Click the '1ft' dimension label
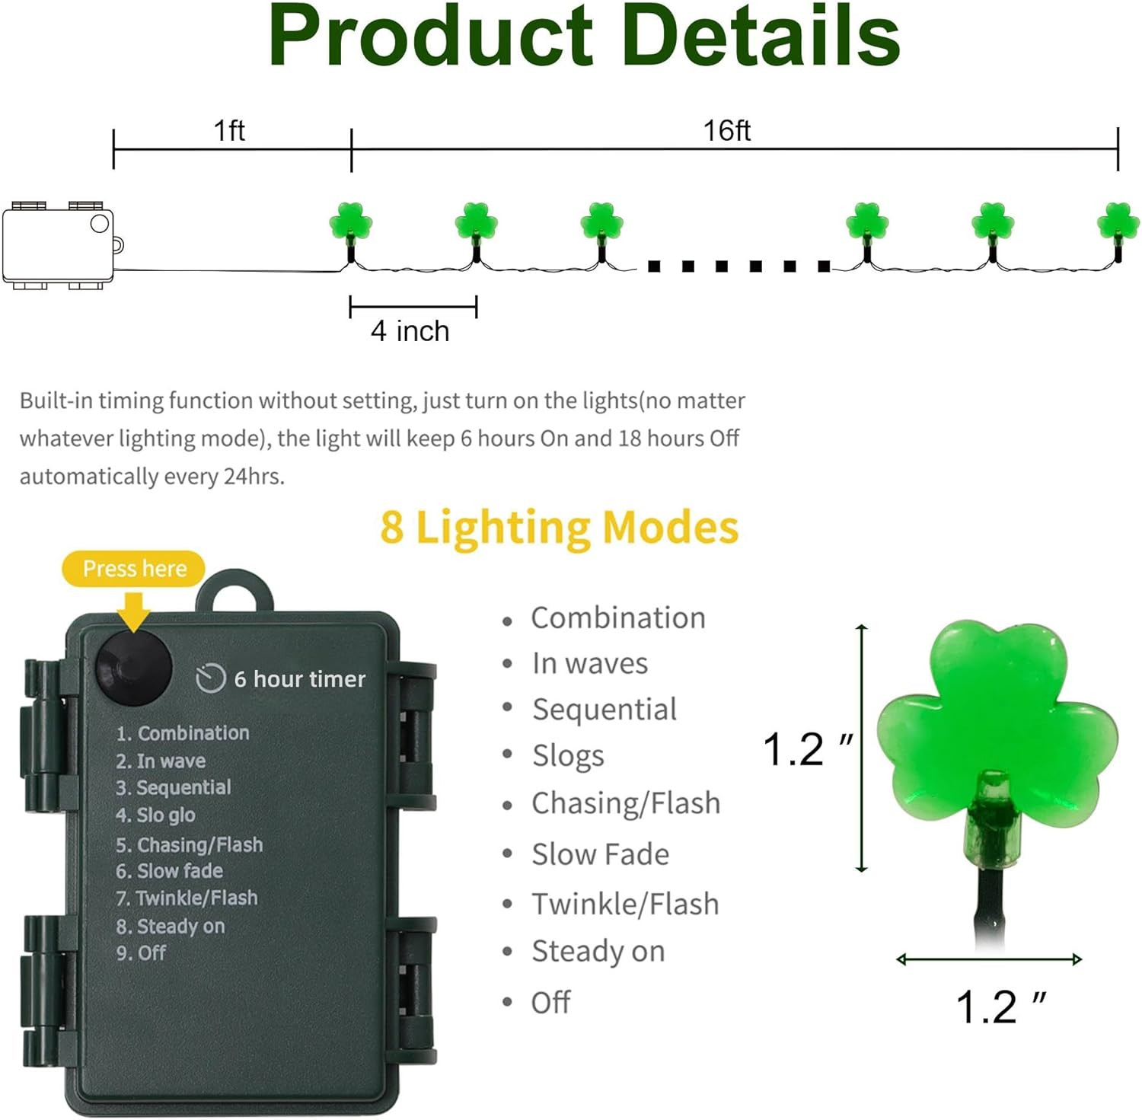coord(229,131)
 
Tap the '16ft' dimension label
coord(726,131)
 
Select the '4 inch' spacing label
coord(410,331)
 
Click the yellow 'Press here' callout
coord(134,569)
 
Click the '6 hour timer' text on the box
coord(299,679)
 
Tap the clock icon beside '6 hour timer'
coord(210,678)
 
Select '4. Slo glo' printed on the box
coord(155,815)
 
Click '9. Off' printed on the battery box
coord(141,953)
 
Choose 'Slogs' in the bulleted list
coord(568,756)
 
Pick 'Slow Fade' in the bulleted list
coord(600,854)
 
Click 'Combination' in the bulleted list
coord(617,617)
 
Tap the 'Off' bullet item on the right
coord(550,1003)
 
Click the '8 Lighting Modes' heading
coord(560,528)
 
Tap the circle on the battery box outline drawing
coord(100,223)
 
